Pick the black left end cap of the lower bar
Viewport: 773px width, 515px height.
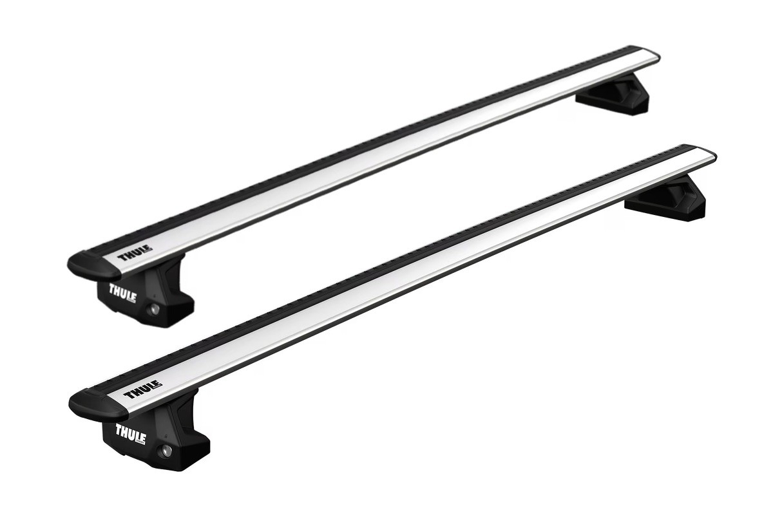[90, 401]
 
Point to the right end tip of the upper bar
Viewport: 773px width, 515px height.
[656, 55]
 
